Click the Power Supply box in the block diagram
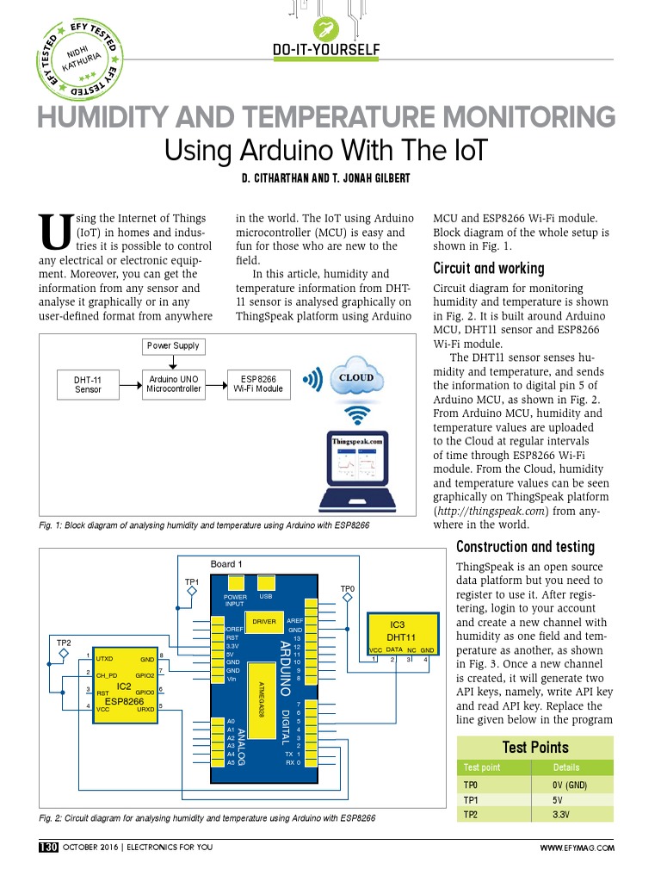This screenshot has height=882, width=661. (x=172, y=346)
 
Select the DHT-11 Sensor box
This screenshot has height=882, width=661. (x=88, y=384)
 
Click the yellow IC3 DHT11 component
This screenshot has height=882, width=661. (x=398, y=634)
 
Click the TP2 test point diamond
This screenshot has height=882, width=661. (x=64, y=653)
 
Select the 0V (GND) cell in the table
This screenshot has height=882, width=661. (x=570, y=786)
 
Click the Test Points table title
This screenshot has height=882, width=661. (x=534, y=747)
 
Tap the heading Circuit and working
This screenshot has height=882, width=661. (x=488, y=268)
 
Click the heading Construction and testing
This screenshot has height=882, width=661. (x=525, y=547)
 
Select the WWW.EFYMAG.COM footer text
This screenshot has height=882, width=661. (x=577, y=848)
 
